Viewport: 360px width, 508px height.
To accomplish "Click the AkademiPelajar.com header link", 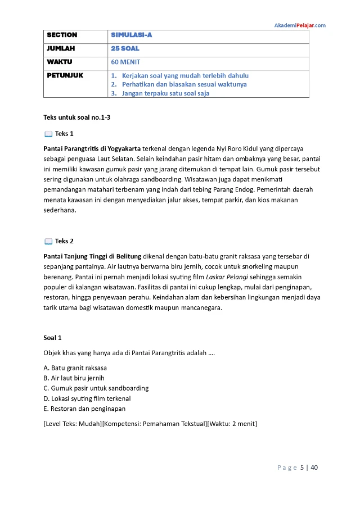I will click(x=299, y=25).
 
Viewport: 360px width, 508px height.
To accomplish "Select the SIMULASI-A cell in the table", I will click(x=131, y=35).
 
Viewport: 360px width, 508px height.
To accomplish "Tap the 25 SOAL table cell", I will click(x=125, y=48).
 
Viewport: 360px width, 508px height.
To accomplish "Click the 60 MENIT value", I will click(x=125, y=62).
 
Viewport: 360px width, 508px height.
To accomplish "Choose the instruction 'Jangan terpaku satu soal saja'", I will click(x=165, y=93).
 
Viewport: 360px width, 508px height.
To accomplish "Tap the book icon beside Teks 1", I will click(x=48, y=134).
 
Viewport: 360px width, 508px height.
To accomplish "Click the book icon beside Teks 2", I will click(x=48, y=242).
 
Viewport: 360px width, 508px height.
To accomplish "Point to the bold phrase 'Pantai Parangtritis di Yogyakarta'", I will click(x=92, y=148).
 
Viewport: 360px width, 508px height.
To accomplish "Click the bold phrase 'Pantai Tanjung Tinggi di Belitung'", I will click(x=92, y=256).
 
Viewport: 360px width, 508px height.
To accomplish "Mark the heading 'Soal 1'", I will click(x=52, y=338).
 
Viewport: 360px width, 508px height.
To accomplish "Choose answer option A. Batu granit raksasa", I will click(x=75, y=368).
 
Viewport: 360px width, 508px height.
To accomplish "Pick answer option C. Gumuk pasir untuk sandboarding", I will click(x=96, y=388).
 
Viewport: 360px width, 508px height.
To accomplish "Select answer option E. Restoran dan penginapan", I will click(x=84, y=409).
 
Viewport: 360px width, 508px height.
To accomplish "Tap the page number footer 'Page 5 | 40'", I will click(x=298, y=468).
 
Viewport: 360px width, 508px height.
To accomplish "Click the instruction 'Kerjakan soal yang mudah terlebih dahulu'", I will click(x=185, y=75).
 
